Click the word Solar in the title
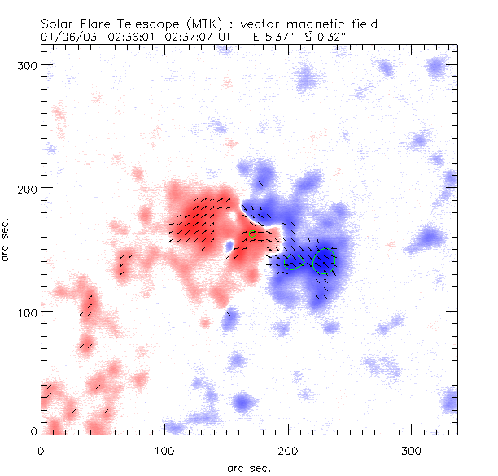pos(56,24)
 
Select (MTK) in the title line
pos(190,24)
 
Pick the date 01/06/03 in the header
pos(65,37)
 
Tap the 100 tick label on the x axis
pos(164,450)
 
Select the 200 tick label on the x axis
pos(288,450)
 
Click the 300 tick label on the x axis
pos(412,450)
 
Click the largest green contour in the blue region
pos(325,261)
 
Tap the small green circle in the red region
pos(252,234)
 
